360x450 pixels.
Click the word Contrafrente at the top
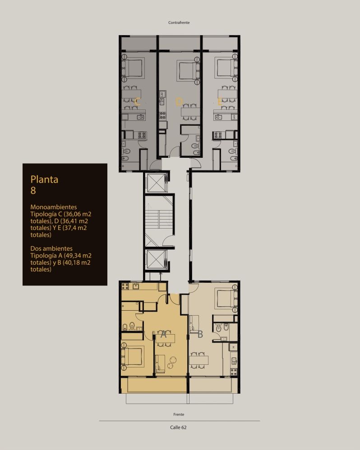tap(179, 23)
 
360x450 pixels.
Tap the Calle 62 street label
tap(178, 427)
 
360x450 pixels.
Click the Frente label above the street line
tap(179, 414)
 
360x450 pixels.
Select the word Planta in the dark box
tap(44, 179)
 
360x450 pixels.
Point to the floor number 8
tap(33, 190)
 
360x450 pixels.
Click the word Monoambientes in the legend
tap(53, 207)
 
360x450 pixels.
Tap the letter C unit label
tap(137, 101)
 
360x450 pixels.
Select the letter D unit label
tap(179, 101)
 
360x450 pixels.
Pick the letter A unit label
tap(163, 334)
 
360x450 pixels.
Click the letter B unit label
tap(200, 334)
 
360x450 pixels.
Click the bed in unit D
tap(188, 70)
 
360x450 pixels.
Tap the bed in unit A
tap(133, 357)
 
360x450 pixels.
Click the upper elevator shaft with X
tap(156, 183)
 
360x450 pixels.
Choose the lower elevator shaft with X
tap(156, 259)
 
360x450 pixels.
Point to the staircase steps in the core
tap(159, 220)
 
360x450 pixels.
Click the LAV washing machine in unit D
tap(162, 94)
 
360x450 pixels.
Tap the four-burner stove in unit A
tap(125, 286)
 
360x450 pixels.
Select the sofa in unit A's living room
tap(160, 363)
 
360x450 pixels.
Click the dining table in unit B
tap(198, 360)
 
